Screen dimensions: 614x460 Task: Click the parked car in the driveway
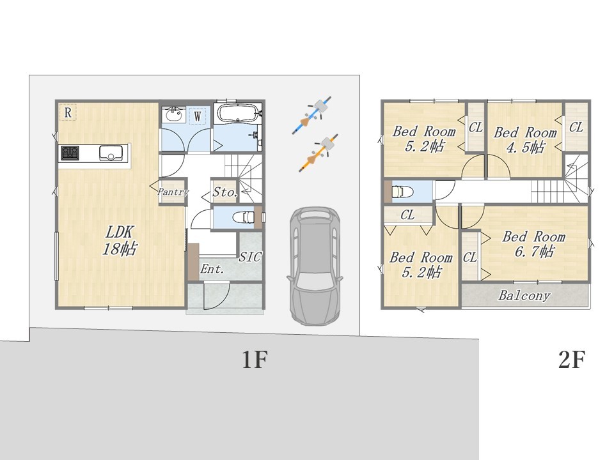point(315,266)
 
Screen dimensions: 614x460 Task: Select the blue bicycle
point(312,115)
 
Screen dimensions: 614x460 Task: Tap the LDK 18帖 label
point(120,240)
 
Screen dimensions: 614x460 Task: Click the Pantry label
point(173,192)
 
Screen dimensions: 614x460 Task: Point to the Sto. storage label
point(225,192)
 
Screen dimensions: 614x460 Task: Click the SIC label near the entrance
point(250,257)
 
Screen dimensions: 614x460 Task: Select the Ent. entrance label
point(212,269)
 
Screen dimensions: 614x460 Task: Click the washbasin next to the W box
point(174,115)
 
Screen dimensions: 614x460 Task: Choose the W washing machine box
point(198,116)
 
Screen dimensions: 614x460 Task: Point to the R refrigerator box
point(68,112)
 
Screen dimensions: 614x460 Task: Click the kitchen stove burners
point(70,153)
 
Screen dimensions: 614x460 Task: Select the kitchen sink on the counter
point(111,153)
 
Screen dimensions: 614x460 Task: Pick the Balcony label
point(524,295)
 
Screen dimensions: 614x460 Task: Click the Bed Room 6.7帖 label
point(533,244)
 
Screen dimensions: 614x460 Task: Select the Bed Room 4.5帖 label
point(524,140)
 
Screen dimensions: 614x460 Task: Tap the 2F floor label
point(572,360)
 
